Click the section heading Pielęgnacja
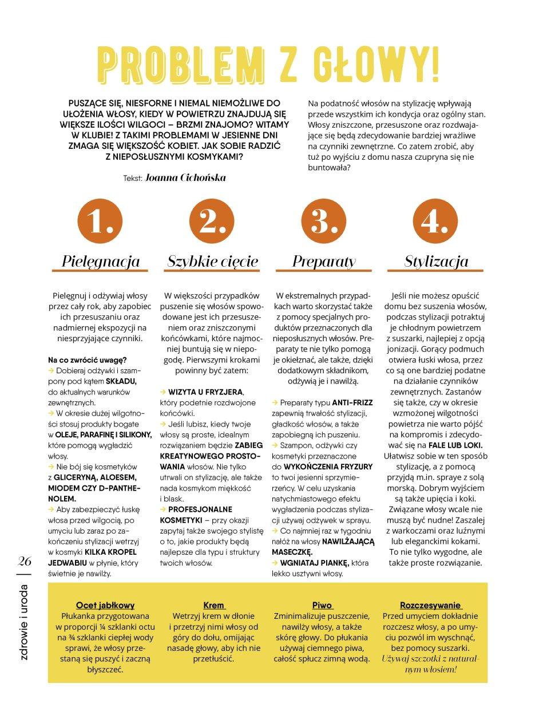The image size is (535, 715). (x=101, y=262)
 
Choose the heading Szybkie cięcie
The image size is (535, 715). (x=213, y=262)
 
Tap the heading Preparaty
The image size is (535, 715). (x=324, y=262)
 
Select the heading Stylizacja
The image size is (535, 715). (x=436, y=262)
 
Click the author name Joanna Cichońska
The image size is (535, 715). (x=185, y=177)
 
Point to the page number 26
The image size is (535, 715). (x=25, y=561)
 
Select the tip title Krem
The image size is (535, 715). (x=214, y=605)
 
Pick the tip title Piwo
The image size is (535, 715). (x=322, y=605)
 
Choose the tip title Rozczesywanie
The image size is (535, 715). (x=431, y=605)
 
